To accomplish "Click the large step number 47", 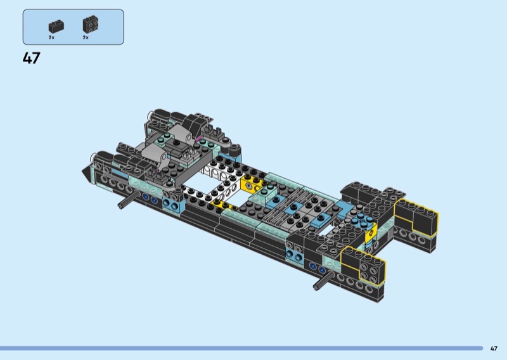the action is click(31, 58).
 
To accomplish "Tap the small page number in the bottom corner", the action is click(494, 349).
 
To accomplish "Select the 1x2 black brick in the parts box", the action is click(56, 27).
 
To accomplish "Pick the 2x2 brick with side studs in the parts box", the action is click(91, 24).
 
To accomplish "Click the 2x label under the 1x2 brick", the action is click(51, 37).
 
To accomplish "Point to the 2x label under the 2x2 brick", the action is click(86, 37).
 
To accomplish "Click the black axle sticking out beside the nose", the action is click(129, 200).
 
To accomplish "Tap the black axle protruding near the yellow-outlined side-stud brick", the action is click(324, 280).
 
